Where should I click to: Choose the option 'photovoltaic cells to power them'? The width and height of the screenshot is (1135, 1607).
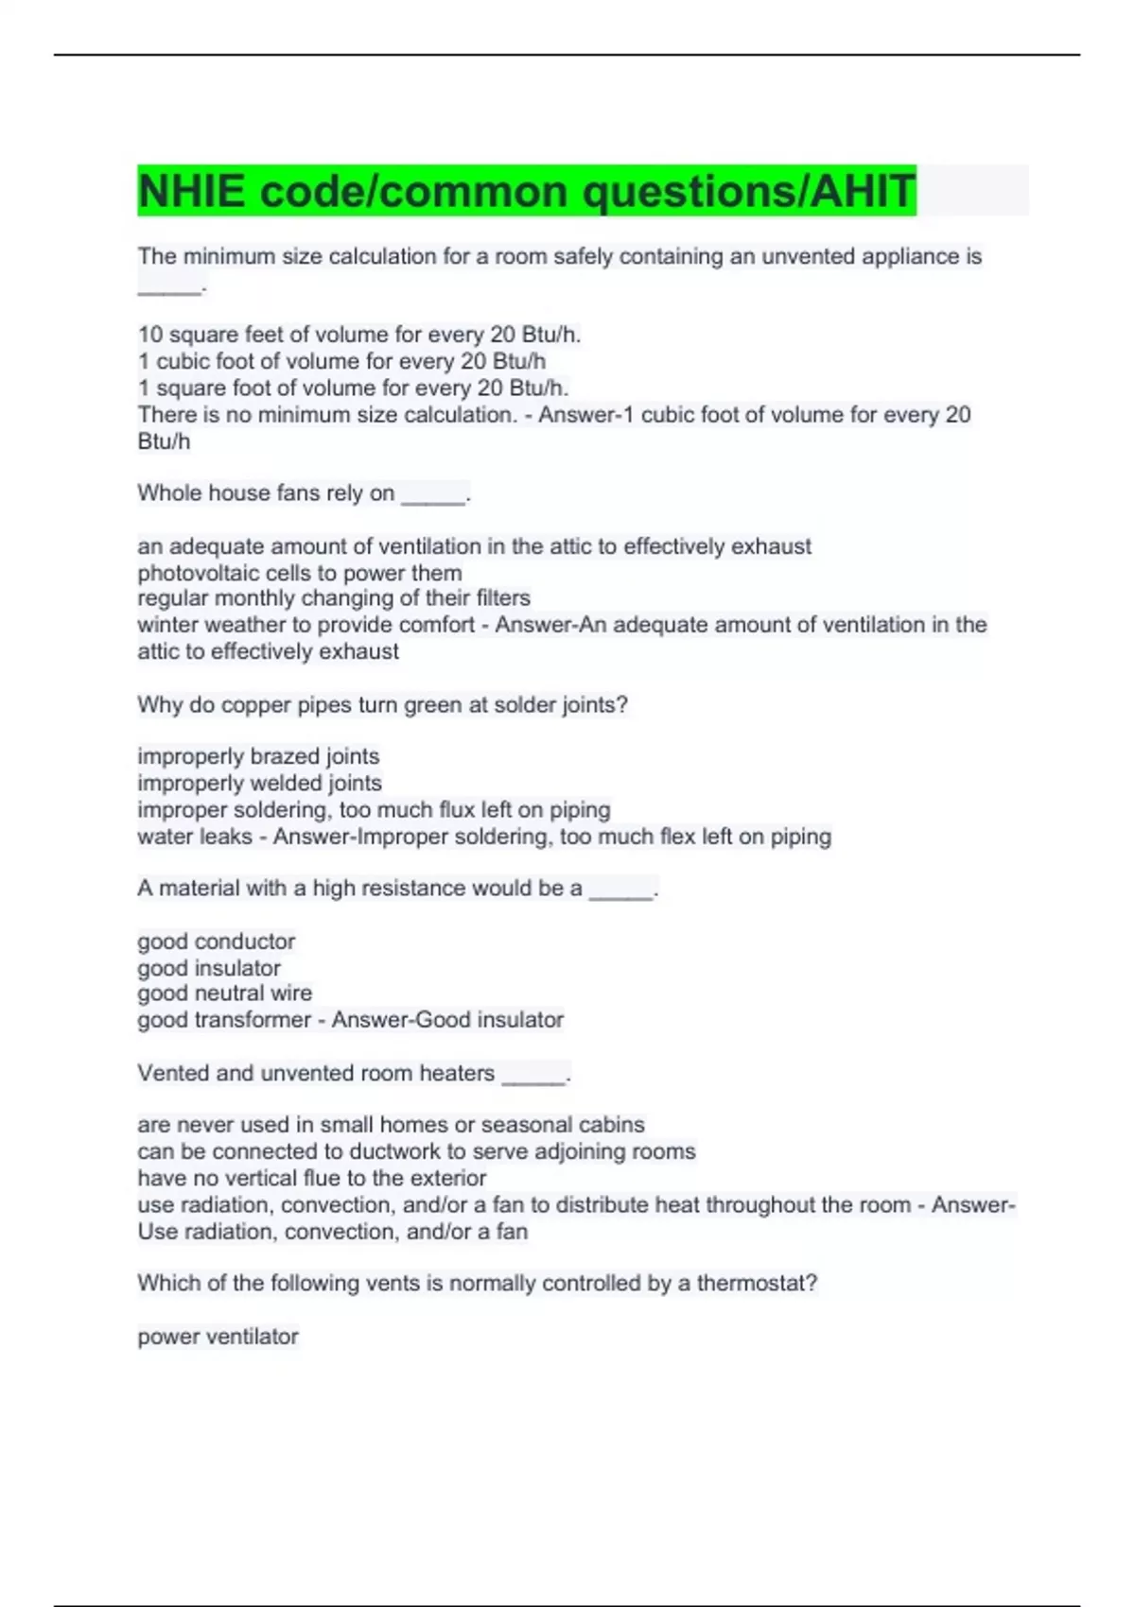coord(300,573)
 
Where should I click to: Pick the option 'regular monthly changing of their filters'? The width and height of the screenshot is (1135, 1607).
coord(334,598)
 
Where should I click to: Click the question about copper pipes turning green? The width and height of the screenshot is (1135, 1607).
coord(382,705)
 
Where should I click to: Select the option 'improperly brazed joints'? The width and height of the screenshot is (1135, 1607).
coord(258,756)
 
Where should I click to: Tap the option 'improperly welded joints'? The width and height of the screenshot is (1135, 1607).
coord(259,783)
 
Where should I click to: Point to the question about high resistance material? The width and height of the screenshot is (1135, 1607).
coord(397,889)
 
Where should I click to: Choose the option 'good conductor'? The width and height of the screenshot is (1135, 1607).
coord(216,942)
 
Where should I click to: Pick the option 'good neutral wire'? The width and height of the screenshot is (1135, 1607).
coord(224,994)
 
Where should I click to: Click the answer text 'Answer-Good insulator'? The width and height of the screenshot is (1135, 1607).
coord(447,1020)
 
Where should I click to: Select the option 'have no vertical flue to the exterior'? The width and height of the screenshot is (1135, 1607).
coord(311,1178)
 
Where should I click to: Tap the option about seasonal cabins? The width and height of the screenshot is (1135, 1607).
coord(391,1125)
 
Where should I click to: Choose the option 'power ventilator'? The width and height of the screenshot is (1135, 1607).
coord(218,1337)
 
